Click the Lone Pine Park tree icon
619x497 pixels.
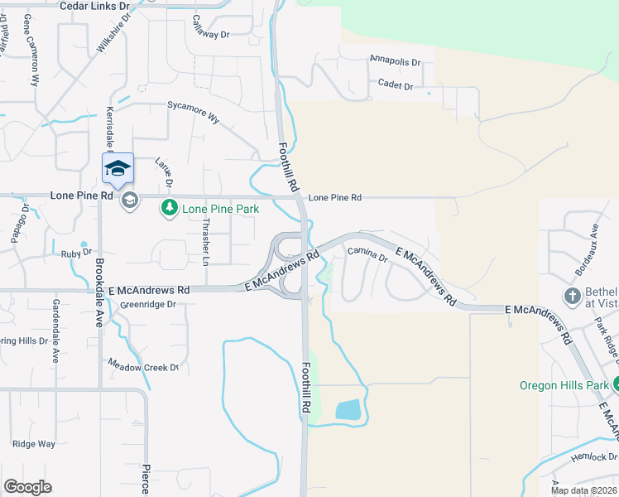coord(170,206)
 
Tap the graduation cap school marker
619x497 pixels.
coord(118,168)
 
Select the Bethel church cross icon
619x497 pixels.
coord(572,297)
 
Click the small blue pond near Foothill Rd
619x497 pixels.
coord(348,408)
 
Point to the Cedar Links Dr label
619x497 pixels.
coord(96,5)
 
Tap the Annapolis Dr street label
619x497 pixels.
coord(396,61)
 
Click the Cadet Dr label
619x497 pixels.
coord(395,84)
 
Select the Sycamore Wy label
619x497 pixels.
coord(194,111)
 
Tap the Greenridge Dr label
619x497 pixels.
coord(149,304)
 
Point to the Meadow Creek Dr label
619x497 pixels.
coord(143,365)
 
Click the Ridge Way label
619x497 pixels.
coord(34,444)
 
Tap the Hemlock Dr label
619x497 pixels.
coord(596,456)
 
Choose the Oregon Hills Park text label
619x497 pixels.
coord(564,385)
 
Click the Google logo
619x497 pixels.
coord(28,487)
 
